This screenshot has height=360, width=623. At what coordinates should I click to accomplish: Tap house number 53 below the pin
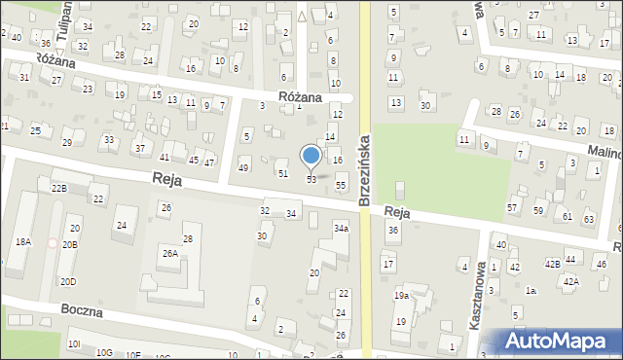pos(311,180)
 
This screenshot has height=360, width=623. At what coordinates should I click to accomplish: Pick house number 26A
pos(169,253)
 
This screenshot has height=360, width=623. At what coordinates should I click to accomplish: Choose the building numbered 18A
pos(22,241)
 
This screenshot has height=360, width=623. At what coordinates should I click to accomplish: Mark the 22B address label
pos(59,188)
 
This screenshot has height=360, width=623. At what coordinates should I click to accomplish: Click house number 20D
pos(67,282)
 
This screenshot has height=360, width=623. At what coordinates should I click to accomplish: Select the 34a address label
pos(341,228)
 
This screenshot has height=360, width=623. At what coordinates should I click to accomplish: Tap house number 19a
pos(401,296)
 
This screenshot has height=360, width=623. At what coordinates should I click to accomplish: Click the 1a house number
pos(531,290)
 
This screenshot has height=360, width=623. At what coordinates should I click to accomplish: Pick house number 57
pos(512,208)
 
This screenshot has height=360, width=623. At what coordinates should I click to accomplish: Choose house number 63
pos(589,219)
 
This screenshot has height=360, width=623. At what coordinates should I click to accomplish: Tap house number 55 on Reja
pos(341,185)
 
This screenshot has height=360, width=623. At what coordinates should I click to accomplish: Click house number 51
pos(283,173)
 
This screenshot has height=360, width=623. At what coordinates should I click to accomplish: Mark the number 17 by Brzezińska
pos(388,265)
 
